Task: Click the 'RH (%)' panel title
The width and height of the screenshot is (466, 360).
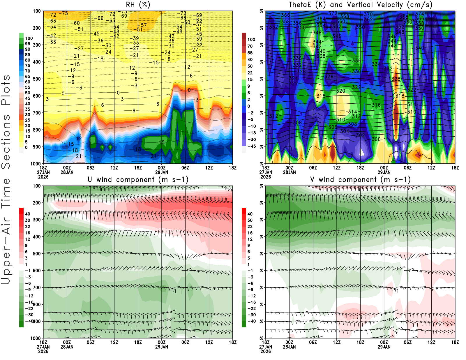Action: pos(138,5)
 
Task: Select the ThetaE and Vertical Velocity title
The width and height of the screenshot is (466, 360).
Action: pos(360,5)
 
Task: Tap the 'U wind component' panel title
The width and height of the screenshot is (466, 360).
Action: pos(138,179)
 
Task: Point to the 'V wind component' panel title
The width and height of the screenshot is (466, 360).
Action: pos(360,179)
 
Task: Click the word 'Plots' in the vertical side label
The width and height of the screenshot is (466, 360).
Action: pos(6,90)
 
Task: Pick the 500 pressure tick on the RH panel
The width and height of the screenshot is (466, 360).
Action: pos(37,79)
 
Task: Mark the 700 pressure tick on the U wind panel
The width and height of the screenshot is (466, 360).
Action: pos(37,287)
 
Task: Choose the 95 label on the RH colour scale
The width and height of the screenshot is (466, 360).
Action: pos(27,44)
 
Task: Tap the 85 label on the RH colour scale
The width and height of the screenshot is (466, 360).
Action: pos(27,54)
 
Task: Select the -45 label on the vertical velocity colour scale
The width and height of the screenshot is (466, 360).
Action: pos(252,146)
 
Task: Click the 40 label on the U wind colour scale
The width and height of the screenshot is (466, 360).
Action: pos(27,214)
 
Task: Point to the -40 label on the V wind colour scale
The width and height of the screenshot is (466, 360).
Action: pos(252,321)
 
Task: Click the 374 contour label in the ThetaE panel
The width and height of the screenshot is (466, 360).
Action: pos(420,14)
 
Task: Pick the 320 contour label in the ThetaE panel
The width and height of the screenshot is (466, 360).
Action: pos(341,91)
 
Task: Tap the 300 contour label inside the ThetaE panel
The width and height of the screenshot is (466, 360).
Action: pos(376,139)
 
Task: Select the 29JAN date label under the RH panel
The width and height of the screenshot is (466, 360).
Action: pos(162,172)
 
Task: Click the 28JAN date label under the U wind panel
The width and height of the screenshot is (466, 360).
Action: pos(67,347)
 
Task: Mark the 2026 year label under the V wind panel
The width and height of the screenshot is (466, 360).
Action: pos(266,351)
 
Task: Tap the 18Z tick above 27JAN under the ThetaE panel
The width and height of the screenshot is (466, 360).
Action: pos(266,168)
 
